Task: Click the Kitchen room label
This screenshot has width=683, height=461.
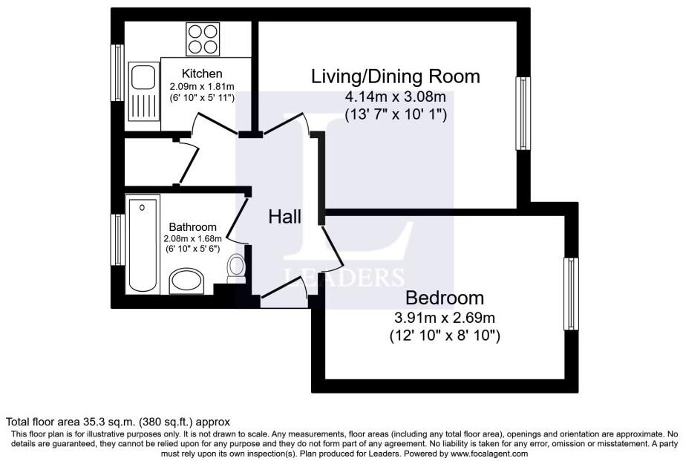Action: coord(202,73)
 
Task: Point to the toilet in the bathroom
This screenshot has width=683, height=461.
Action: coord(236,267)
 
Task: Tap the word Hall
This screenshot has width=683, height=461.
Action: coord(285,217)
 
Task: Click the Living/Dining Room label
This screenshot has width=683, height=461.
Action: coord(395,76)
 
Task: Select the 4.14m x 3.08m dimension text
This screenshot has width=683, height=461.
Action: coord(395,97)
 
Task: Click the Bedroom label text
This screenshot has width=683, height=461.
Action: coord(444,298)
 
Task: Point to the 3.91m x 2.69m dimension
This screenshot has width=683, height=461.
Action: coord(445,318)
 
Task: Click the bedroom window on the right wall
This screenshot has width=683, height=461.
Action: coord(571,294)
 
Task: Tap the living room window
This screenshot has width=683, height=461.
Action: coord(524,113)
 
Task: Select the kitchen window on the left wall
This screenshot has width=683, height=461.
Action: coord(117,72)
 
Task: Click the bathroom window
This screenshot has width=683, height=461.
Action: coord(117,239)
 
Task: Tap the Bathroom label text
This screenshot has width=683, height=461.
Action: coord(192,227)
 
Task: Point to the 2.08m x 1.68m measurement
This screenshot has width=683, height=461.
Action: coord(192,238)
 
